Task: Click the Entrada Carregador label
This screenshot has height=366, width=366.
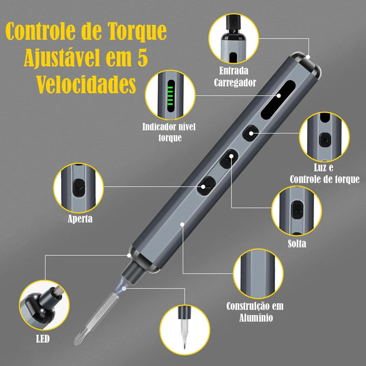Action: coord(234,77)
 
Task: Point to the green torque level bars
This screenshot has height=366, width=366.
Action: coord(170,96)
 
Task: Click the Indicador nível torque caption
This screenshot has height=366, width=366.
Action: coord(169,132)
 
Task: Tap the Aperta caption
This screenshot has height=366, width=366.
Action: coord(80,219)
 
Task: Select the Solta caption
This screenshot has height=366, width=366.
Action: coord(296,244)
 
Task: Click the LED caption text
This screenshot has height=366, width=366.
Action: coord(43,339)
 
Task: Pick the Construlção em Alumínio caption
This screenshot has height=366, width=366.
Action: coord(255,312)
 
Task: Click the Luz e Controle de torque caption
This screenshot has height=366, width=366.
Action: coord(324,173)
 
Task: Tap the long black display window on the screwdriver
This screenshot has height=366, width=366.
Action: coord(278,99)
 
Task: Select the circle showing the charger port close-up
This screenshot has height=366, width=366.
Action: coord(234,38)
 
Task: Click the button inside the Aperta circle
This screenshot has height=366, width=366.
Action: coord(78,188)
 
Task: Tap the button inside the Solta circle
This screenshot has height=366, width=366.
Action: coord(297,210)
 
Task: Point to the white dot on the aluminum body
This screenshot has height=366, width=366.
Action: coord(182,224)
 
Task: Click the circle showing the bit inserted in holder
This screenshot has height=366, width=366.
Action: coord(185,330)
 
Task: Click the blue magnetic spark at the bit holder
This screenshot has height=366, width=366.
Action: coord(121,285)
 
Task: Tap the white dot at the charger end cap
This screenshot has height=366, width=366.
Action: coord(308,57)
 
